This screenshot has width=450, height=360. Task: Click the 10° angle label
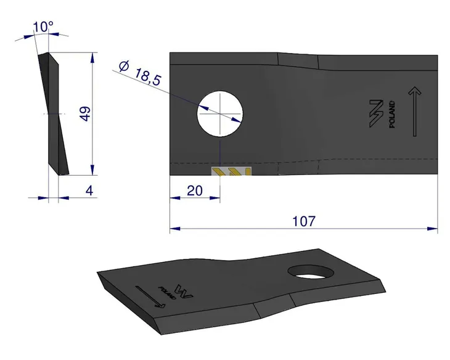coord(43,27)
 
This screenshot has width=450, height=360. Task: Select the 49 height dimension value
coord(85,114)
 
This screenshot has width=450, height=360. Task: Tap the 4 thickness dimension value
coord(89,190)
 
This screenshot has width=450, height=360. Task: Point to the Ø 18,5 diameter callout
coord(141,73)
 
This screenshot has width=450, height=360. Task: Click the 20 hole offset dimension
coord(195,191)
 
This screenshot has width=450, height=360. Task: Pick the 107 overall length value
coord(304,221)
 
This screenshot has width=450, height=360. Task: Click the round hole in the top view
coord(220,113)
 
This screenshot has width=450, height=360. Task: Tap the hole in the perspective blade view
coord(311,272)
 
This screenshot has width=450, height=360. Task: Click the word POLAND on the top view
coord(391,114)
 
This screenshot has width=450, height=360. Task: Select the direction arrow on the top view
coord(415,112)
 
